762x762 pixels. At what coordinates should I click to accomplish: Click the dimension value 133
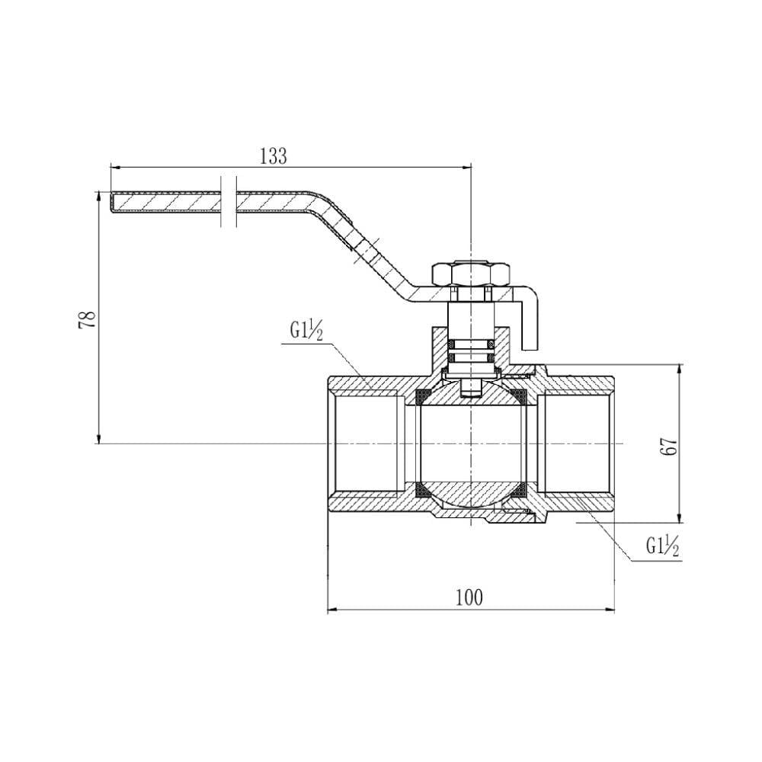click(x=274, y=156)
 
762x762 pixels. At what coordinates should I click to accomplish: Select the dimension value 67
click(x=669, y=446)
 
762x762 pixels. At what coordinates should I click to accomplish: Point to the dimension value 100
click(x=469, y=597)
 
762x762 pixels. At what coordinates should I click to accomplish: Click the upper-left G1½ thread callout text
click(x=306, y=331)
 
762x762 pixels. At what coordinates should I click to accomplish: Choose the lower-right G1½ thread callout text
click(x=662, y=546)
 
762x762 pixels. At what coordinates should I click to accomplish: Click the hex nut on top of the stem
click(x=471, y=274)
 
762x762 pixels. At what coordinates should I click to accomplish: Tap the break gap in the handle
click(x=229, y=201)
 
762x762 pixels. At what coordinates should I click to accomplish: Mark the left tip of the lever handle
click(x=110, y=202)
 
